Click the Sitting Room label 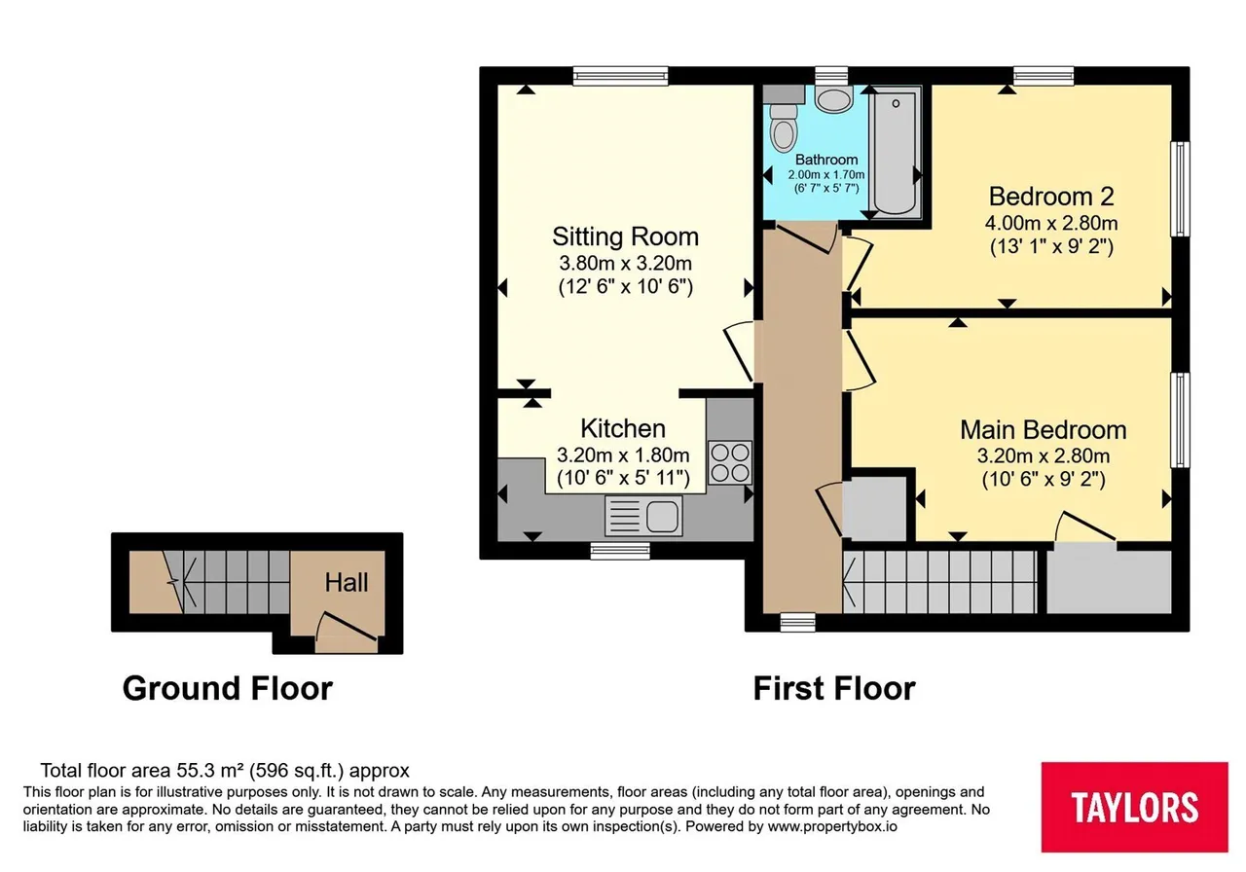pyautogui.click(x=625, y=236)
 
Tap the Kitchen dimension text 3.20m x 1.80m pyautogui.click(x=623, y=455)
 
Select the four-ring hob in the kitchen pyautogui.click(x=730, y=462)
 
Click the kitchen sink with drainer pyautogui.click(x=643, y=516)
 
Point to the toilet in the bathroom pyautogui.click(x=783, y=127)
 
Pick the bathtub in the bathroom pyautogui.click(x=896, y=153)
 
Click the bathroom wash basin pyautogui.click(x=834, y=99)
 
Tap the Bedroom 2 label pyautogui.click(x=1051, y=197)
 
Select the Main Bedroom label pyautogui.click(x=1043, y=430)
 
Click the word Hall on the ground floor pyautogui.click(x=346, y=583)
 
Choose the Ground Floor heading pyautogui.click(x=228, y=688)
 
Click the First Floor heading pyautogui.click(x=834, y=688)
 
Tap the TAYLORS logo pyautogui.click(x=1134, y=807)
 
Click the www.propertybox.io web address pyautogui.click(x=832, y=826)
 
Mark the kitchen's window pyautogui.click(x=620, y=551)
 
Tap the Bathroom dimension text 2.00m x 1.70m pyautogui.click(x=826, y=174)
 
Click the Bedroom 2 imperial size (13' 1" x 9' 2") pyautogui.click(x=1051, y=246)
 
